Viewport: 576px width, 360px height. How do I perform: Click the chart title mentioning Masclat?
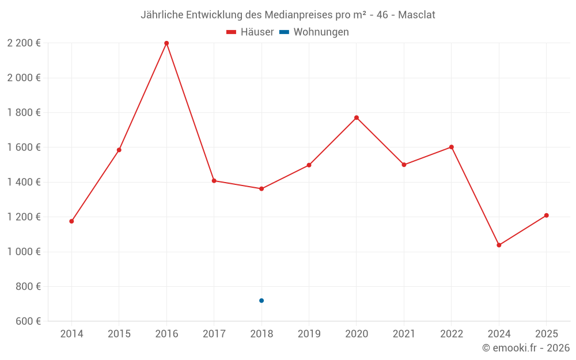[x=287, y=14]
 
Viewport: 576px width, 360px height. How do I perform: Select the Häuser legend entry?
[x=250, y=32]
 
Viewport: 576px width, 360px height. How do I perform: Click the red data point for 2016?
[x=166, y=43]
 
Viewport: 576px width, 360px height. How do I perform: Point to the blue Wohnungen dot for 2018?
[x=262, y=301]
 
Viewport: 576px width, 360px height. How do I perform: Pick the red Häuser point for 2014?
[x=71, y=221]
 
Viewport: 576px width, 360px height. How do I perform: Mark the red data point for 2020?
[x=357, y=118]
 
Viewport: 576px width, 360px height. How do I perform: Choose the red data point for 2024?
[x=499, y=245]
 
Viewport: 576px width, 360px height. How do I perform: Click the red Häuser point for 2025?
[x=547, y=215]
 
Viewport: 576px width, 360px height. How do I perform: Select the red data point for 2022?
[x=452, y=147]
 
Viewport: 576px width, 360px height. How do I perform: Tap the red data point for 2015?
[x=119, y=150]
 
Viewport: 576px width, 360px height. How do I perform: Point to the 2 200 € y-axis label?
[x=24, y=43]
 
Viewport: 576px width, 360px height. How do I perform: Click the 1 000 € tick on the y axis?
[x=24, y=252]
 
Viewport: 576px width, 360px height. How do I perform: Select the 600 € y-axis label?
[x=27, y=321]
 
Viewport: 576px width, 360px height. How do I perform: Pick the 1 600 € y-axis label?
[x=24, y=147]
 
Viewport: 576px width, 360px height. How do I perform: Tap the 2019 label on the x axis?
[x=309, y=334]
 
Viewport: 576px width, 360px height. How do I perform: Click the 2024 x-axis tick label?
[x=499, y=334]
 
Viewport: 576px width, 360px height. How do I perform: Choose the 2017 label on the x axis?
[x=214, y=334]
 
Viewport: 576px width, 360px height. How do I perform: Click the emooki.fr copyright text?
[x=526, y=348]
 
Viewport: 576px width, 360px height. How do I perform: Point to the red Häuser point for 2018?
[x=262, y=189]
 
